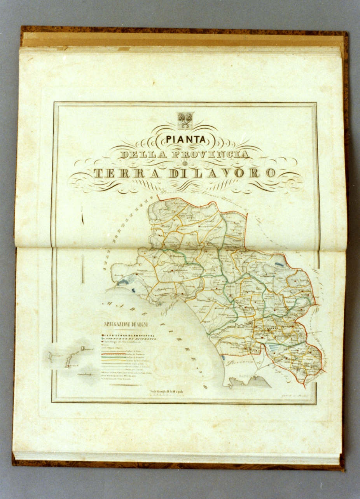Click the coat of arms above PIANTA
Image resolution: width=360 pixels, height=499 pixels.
point(185,119)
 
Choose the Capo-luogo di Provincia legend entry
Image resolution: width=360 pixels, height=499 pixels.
point(128,335)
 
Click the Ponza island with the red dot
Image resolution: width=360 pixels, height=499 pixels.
point(68,366)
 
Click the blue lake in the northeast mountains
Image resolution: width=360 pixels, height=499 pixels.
point(278,264)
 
